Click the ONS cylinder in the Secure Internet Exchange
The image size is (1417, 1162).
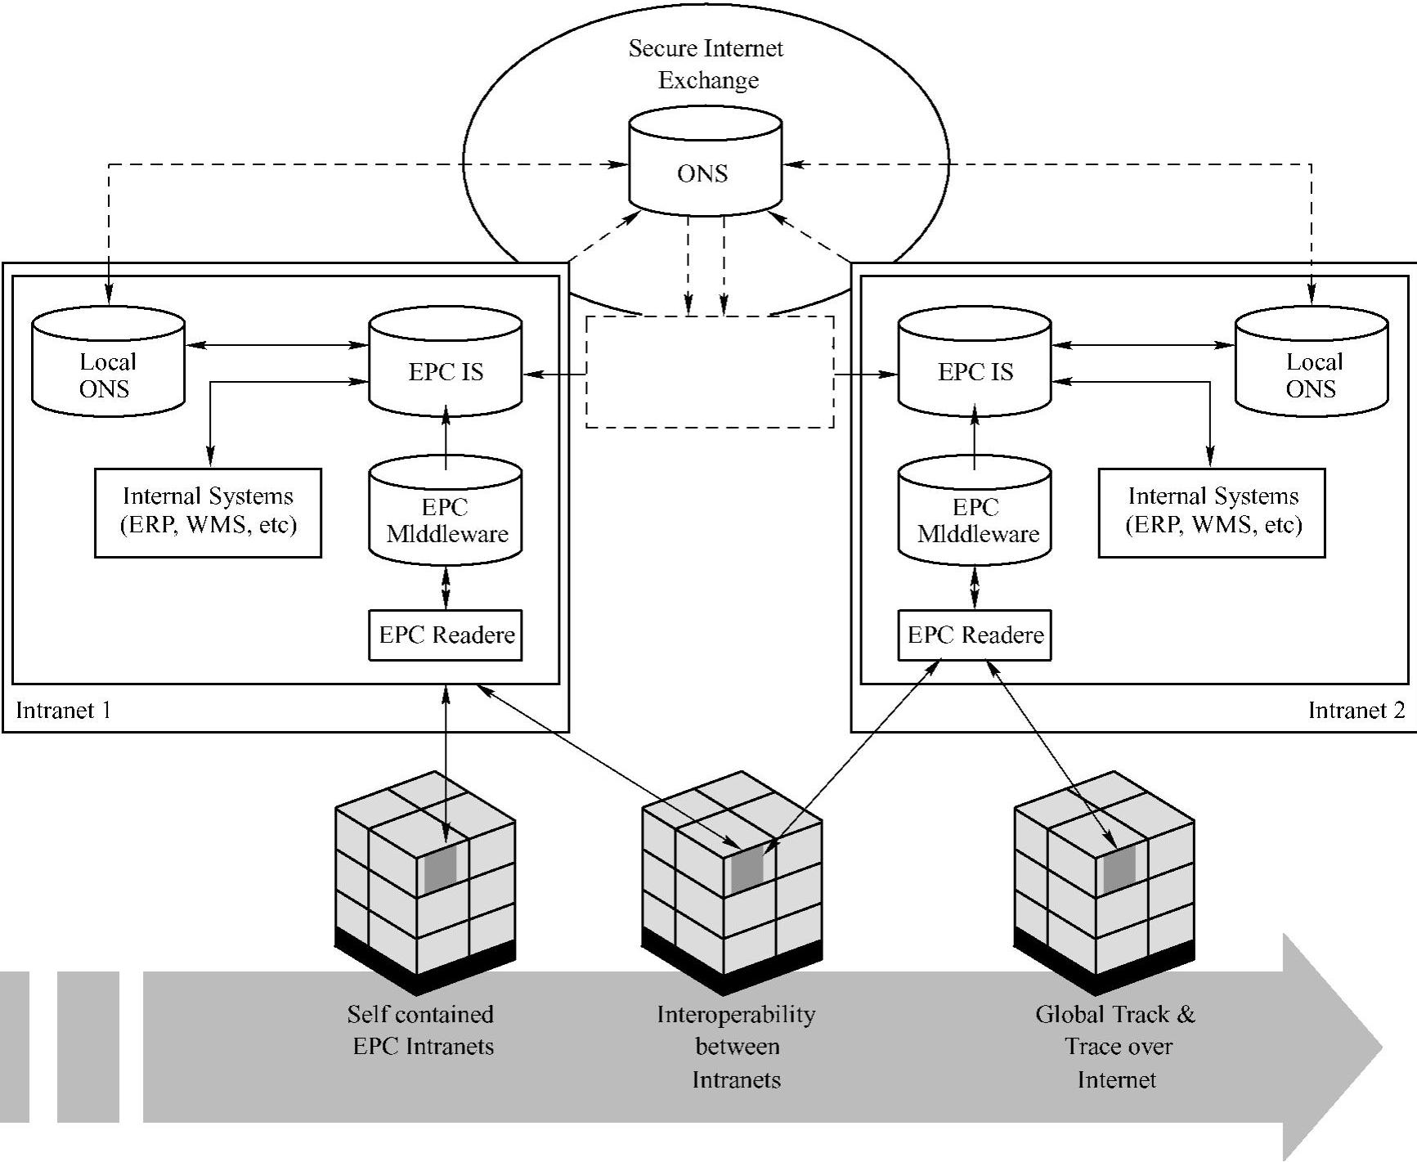[x=704, y=168]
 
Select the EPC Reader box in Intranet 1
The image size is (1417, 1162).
[x=446, y=635]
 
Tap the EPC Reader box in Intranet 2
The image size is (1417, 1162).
[x=975, y=635]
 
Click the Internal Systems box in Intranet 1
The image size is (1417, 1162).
[x=208, y=513]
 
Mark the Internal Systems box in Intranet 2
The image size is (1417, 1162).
[x=1211, y=513]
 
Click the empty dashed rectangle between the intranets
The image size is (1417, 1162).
[x=710, y=372]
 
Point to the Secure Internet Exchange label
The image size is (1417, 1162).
[x=706, y=65]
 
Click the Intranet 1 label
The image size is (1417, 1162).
[x=63, y=710]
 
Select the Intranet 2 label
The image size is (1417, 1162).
[x=1356, y=710]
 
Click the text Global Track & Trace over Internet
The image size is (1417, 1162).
[x=1116, y=1047]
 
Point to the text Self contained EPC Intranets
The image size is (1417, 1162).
[x=422, y=1030]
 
